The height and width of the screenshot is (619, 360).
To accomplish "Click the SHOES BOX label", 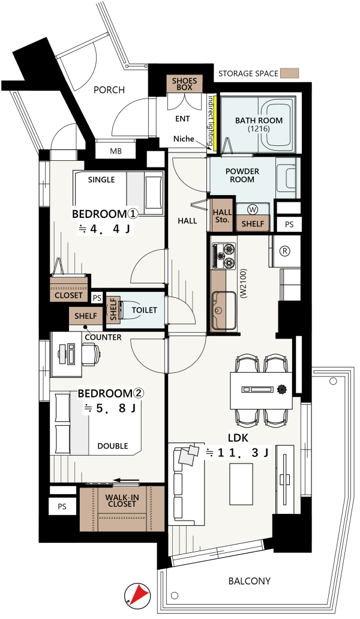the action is click(184, 83).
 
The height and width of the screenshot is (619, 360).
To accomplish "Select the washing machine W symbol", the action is click(253, 208).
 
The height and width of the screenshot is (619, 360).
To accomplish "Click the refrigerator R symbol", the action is click(284, 250).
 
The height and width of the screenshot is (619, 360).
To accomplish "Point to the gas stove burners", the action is click(224, 256).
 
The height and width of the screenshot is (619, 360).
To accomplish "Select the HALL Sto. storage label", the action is click(222, 216).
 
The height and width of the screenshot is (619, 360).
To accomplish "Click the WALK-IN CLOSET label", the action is click(122, 501).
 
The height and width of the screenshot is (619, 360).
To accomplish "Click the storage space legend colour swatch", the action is click(289, 73).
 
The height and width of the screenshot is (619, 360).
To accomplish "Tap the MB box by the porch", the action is click(116, 151).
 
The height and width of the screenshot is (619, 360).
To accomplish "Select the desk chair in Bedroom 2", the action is click(91, 354).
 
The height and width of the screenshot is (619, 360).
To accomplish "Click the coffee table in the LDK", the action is click(241, 483).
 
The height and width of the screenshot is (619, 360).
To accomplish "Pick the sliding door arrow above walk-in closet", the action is click(126, 480).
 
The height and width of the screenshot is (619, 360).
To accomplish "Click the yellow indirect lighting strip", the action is click(215, 122).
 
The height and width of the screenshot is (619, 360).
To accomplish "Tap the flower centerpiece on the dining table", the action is click(281, 390).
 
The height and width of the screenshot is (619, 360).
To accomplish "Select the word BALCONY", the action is click(250, 581).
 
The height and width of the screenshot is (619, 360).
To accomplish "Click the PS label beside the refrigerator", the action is click(289, 224).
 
